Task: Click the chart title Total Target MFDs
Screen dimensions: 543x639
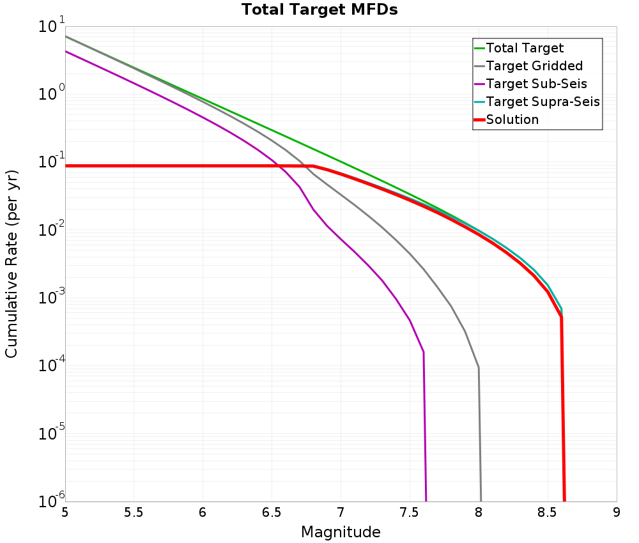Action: [319, 10]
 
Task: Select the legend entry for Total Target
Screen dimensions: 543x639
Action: [525, 48]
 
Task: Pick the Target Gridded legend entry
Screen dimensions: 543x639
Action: [534, 66]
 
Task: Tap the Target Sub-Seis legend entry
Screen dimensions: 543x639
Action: [536, 84]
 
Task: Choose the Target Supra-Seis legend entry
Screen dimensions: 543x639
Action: [543, 102]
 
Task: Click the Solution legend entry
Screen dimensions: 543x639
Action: [512, 119]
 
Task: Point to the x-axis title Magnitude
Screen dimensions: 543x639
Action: [341, 532]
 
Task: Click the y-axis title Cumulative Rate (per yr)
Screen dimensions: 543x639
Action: [12, 264]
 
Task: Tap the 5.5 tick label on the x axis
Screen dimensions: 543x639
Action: [134, 512]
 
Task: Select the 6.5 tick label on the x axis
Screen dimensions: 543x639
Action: [272, 512]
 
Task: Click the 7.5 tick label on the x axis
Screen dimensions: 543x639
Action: [410, 512]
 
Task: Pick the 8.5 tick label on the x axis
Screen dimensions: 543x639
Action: [548, 512]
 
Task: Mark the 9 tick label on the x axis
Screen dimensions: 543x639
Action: [617, 512]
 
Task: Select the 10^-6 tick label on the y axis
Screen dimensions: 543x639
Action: [51, 500]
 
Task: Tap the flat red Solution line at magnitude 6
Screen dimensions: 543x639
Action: [203, 166]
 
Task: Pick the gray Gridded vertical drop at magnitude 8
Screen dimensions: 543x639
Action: [480, 434]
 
